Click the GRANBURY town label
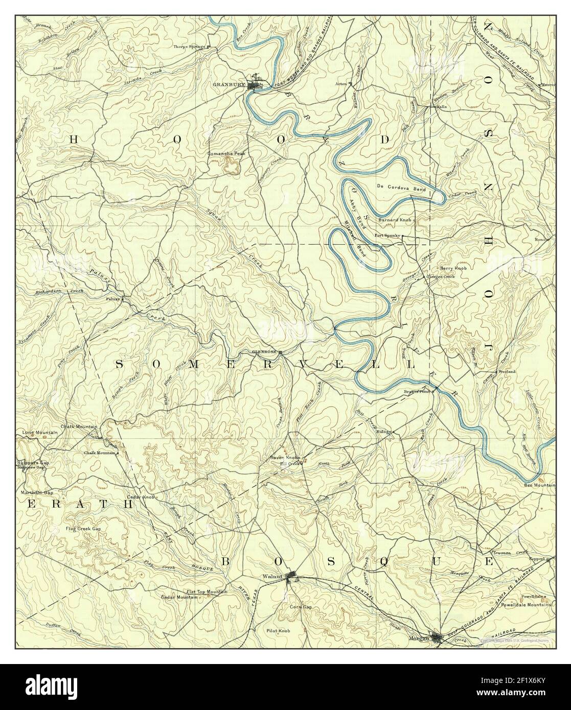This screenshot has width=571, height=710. (x=229, y=85)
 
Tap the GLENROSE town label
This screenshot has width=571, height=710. (x=264, y=352)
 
